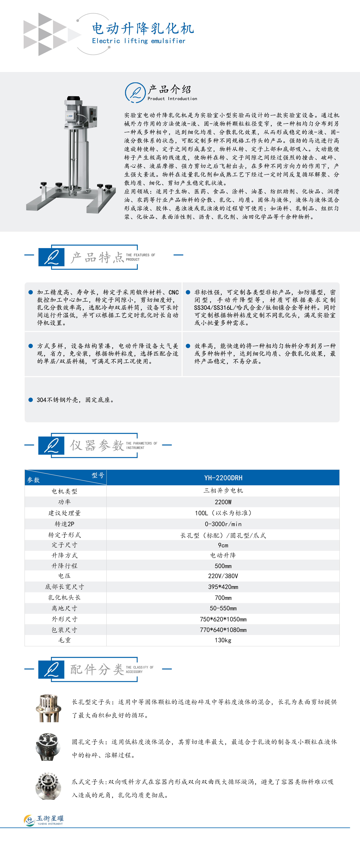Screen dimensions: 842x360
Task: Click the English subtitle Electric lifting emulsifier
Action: pos(139,41)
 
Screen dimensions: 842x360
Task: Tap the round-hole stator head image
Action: pos(48,747)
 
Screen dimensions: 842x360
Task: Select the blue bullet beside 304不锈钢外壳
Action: pos(31,400)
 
